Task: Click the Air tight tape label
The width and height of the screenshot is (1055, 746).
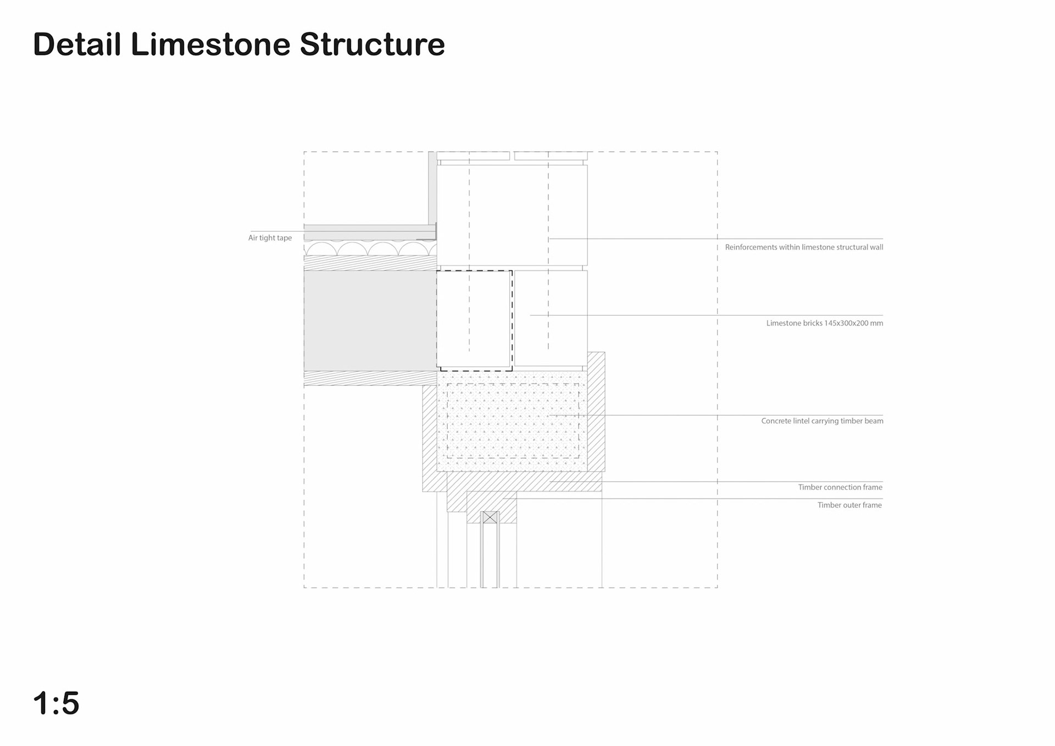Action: coord(270,238)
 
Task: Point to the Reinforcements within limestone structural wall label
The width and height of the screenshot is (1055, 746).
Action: coord(804,247)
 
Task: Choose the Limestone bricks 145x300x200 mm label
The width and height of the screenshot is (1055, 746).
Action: coord(824,323)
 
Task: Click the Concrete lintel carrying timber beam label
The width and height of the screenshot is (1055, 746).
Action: coord(822,421)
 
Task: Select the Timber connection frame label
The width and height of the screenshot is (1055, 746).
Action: coord(840,487)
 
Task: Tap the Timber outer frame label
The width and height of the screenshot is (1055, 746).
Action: coord(849,505)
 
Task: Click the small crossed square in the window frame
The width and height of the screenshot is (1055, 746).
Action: coord(490,517)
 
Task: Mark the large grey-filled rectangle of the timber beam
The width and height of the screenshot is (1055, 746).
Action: coord(370,320)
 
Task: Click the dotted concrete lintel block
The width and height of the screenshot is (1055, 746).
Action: coord(512,421)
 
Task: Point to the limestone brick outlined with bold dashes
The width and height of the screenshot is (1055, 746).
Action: coord(474,320)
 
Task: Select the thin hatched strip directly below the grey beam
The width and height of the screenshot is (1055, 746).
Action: coord(370,378)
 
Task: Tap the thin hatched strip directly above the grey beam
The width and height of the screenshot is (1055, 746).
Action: coord(370,263)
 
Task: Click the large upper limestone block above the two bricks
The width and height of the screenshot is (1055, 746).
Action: coord(512,215)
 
